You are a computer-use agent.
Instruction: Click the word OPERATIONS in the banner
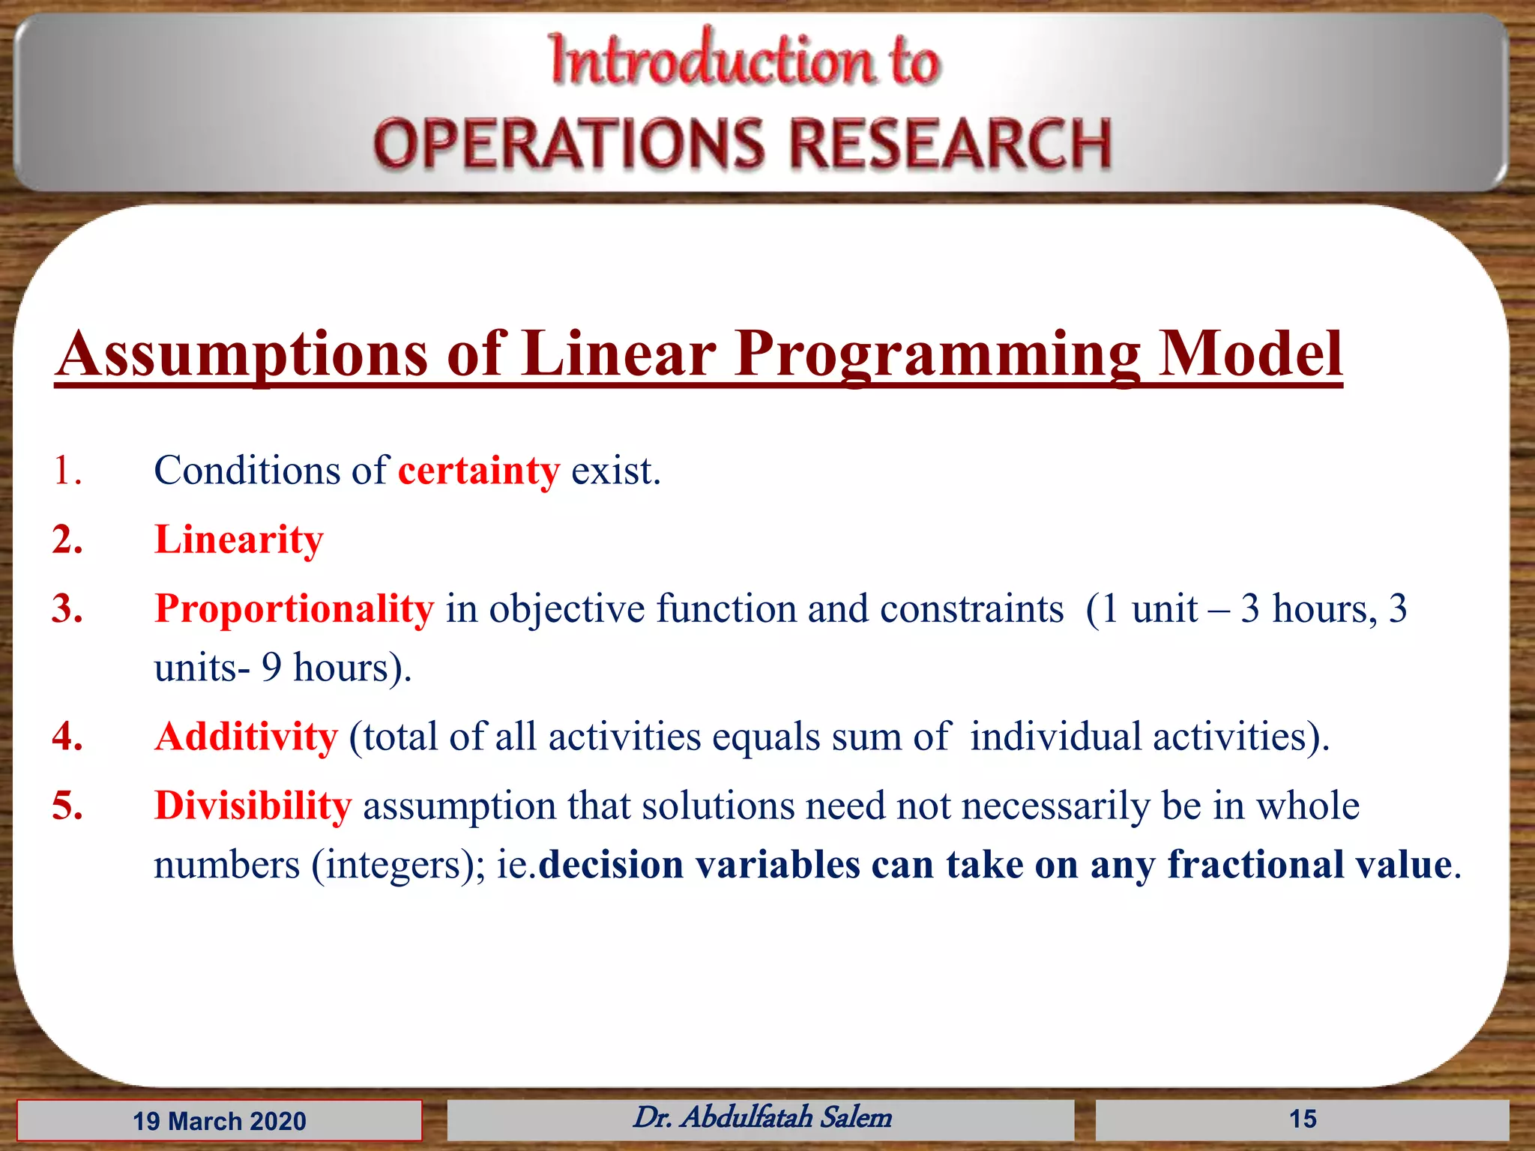click(569, 144)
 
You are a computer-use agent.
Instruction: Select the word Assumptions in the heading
click(242, 354)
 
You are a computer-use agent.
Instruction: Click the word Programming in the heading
click(937, 354)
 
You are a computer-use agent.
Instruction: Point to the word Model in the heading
click(1249, 354)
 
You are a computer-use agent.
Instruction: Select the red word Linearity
click(238, 540)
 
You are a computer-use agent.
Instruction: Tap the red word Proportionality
click(294, 608)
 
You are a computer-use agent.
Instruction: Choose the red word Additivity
click(246, 737)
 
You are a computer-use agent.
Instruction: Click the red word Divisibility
click(253, 806)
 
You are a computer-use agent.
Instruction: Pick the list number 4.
click(67, 737)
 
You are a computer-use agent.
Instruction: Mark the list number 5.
click(67, 806)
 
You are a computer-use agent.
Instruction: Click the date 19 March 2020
click(219, 1121)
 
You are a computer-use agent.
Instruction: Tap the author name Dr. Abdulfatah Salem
click(762, 1118)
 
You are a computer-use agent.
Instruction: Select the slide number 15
click(1302, 1120)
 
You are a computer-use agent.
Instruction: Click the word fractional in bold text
click(1255, 865)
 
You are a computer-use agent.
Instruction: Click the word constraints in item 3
click(971, 608)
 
